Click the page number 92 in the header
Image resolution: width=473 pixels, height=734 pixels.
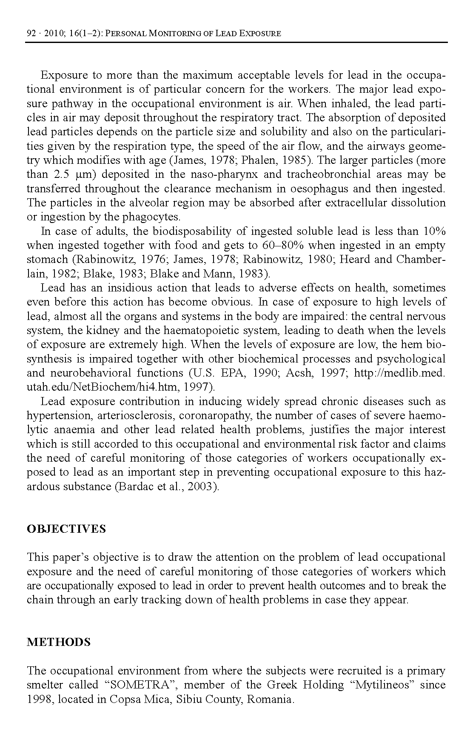[31, 33]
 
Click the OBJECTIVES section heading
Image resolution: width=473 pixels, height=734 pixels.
[66, 529]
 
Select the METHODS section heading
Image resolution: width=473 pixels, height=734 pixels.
[59, 642]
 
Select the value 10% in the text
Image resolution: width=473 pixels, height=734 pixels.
[434, 231]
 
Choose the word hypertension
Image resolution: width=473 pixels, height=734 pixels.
[54, 416]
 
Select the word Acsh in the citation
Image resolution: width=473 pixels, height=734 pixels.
[299, 373]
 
